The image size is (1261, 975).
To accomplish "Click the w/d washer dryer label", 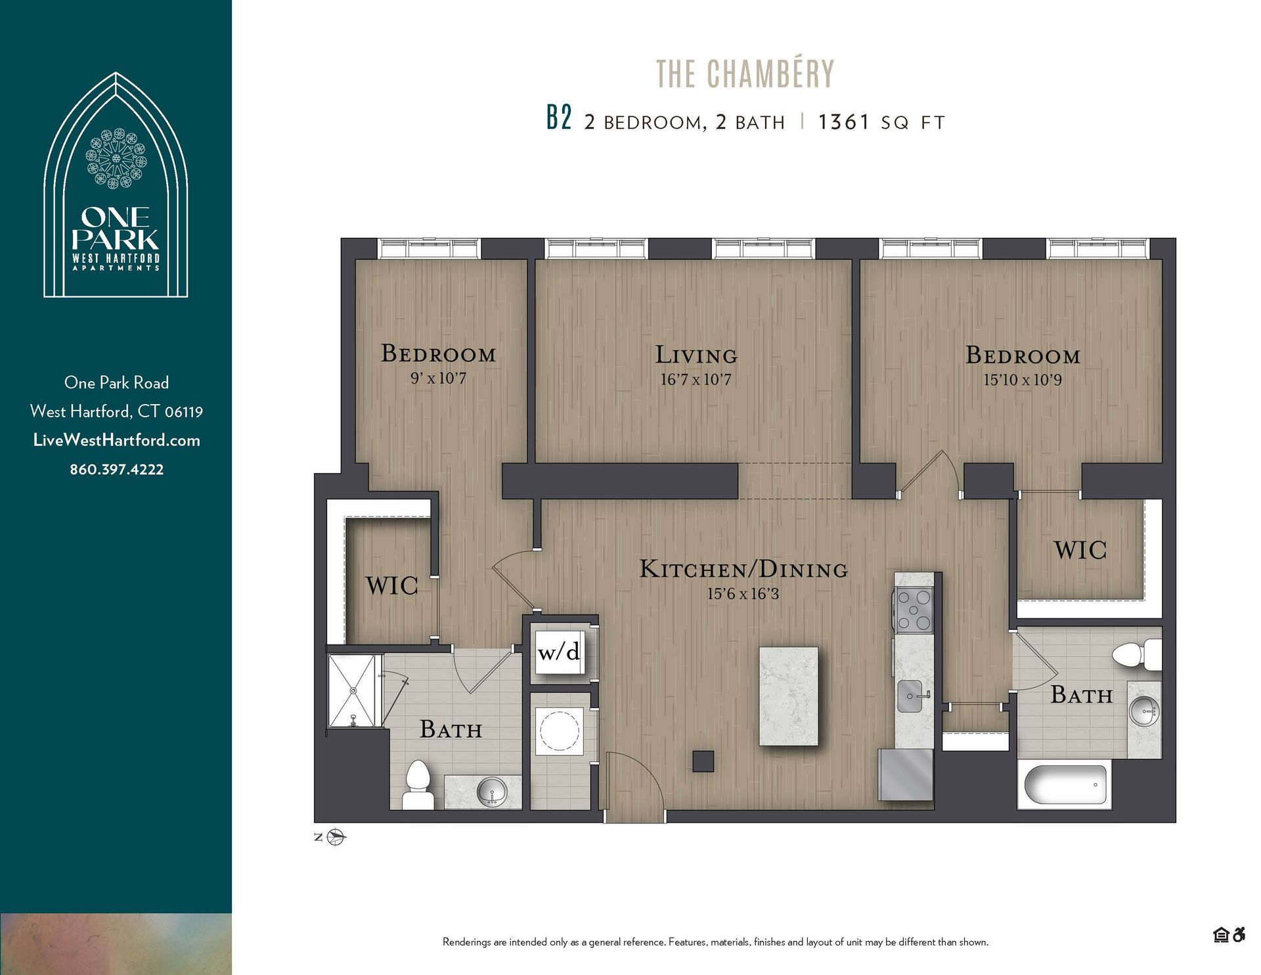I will coord(558,652).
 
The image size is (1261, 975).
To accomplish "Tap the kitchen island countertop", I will coord(788,696).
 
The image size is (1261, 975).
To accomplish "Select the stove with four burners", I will coord(914,610).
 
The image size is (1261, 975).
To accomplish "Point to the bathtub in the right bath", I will coord(1065,784).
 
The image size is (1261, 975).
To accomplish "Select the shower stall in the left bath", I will coord(352,691).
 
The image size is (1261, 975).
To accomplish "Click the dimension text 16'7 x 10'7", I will coord(696,380).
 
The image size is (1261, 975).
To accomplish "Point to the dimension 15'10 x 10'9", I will coord(1022,380).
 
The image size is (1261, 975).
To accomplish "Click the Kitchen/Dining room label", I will coord(743,569).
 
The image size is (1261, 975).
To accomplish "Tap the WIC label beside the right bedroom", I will coord(1080,551).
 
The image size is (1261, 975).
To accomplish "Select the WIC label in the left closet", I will coord(391,585).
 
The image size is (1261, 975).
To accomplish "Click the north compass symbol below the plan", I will coord(338,837).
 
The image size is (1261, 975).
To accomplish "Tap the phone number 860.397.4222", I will coord(116,469).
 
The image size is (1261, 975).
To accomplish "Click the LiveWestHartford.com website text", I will coord(116,440).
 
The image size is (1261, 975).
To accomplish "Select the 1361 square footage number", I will coord(843,122).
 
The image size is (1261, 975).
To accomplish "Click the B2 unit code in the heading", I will coord(559,118).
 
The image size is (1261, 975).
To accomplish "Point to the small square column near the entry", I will coord(703,761).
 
